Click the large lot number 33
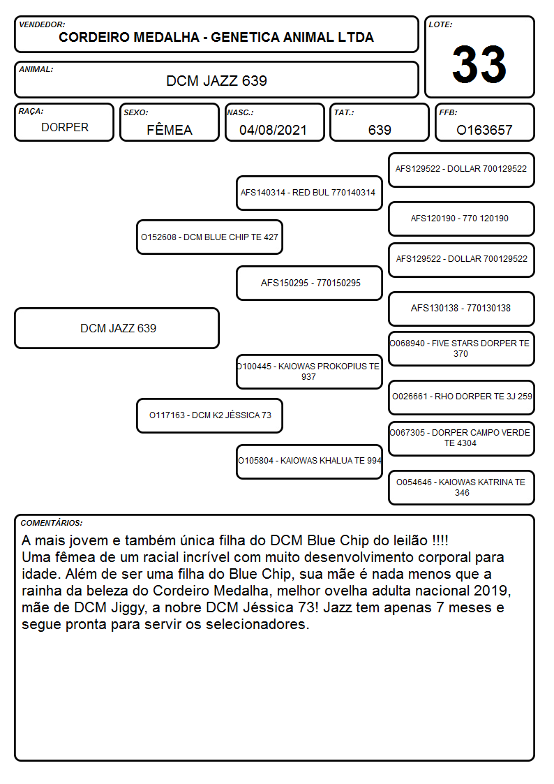point(479,64)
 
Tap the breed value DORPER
point(65,128)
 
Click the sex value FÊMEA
point(170,130)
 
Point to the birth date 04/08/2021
point(273,130)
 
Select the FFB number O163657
point(484,130)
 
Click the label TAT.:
point(344,112)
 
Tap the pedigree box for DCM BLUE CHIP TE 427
point(209,237)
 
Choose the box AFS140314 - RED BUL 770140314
point(309,193)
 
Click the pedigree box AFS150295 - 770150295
point(309,283)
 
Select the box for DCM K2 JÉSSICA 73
point(209,415)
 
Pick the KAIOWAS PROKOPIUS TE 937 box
point(309,371)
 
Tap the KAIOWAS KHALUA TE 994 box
point(309,461)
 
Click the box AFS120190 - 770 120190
point(461,219)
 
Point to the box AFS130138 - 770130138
point(461,309)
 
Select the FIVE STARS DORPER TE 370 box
point(461,348)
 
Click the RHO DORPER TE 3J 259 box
point(461,397)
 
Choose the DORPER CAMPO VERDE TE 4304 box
point(461,438)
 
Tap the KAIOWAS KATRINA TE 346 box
point(461,487)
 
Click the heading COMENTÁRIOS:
point(52,523)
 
